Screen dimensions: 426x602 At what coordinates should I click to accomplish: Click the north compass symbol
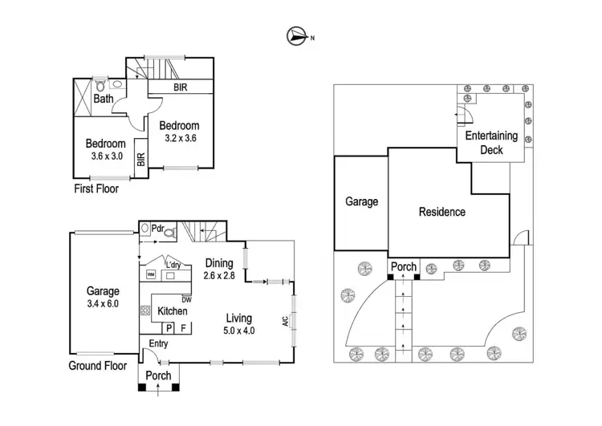(296, 35)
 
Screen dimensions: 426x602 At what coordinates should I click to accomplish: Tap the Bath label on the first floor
(103, 99)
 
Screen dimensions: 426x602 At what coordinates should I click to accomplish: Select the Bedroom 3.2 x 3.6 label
(179, 132)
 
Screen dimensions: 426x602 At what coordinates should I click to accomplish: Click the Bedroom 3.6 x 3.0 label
(105, 150)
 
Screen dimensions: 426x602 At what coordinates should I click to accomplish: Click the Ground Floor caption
(98, 365)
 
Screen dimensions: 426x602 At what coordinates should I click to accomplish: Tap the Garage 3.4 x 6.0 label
(103, 298)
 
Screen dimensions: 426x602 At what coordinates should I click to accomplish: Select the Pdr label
(158, 229)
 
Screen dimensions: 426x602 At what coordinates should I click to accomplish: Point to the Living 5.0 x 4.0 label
(238, 323)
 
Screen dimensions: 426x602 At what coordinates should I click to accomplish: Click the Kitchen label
(173, 311)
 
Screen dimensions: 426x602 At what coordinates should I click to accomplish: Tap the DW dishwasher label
(186, 299)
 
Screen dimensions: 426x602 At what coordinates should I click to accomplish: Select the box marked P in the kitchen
(169, 328)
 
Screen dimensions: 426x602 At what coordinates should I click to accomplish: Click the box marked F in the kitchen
(183, 328)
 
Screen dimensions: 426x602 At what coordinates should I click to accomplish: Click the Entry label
(159, 343)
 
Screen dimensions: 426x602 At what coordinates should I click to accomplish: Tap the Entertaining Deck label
(491, 143)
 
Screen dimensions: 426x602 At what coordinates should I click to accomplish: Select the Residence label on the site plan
(441, 213)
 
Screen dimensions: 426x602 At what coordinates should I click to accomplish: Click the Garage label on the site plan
(361, 202)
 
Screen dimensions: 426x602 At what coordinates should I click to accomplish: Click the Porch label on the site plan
(404, 267)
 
